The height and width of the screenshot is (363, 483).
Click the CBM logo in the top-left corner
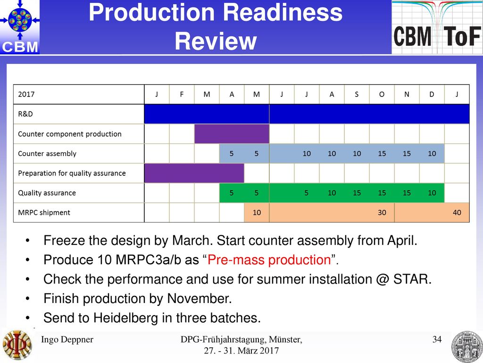20,27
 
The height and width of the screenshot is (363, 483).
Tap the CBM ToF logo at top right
437,27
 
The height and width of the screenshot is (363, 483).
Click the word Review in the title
216,41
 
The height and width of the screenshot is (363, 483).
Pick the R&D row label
25,114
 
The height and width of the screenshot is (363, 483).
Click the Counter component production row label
70,134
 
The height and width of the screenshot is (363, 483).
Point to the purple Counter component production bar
232,134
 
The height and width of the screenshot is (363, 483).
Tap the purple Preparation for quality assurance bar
194,173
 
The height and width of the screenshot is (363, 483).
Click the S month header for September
357,95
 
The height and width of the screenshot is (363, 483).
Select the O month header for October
382,95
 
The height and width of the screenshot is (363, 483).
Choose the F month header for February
182,95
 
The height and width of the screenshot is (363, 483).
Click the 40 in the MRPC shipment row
457,212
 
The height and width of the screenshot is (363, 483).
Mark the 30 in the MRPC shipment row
382,212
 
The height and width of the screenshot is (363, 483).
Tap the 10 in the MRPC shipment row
257,212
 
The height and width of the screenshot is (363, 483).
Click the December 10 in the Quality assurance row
432,193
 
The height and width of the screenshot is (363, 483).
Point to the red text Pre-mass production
269,259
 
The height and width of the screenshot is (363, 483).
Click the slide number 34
437,339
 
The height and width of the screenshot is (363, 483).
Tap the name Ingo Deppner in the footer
67,339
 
